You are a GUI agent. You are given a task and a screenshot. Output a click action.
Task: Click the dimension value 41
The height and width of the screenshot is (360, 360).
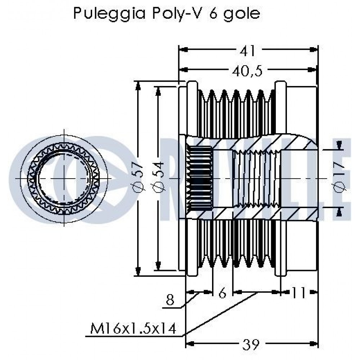[248, 51]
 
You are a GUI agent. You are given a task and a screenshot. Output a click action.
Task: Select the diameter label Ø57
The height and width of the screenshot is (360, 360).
[139, 177]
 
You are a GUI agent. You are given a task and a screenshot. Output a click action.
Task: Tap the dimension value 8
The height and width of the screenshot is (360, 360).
[170, 300]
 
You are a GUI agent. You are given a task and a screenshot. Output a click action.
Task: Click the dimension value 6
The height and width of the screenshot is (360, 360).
[222, 293]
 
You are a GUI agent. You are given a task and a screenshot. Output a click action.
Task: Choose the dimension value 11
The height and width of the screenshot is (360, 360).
[299, 293]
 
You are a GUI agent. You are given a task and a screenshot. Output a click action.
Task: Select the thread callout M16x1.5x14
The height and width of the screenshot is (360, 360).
[133, 328]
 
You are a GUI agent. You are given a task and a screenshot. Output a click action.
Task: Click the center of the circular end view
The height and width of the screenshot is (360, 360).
[64, 179]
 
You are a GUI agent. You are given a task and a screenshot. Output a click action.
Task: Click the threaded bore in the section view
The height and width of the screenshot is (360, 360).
[256, 179]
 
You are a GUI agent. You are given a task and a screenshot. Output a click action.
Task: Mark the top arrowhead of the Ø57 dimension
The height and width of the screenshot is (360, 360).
[138, 85]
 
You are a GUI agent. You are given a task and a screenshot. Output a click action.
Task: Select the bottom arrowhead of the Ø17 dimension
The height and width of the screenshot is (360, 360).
[339, 212]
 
